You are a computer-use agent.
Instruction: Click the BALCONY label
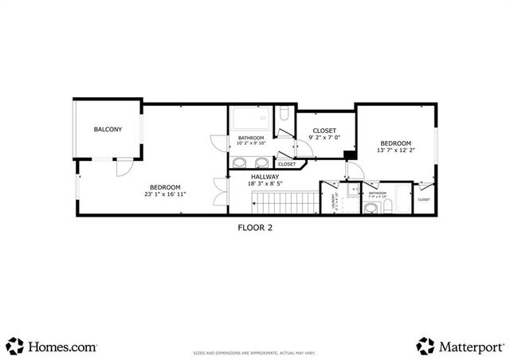click(108, 129)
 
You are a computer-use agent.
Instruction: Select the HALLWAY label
click(265, 177)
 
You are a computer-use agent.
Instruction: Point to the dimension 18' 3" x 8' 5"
click(265, 184)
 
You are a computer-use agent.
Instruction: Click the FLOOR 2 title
click(256, 227)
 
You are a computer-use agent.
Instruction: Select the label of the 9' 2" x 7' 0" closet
click(324, 131)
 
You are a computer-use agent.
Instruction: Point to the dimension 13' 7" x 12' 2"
click(394, 150)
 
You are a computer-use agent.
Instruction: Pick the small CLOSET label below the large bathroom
click(287, 164)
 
